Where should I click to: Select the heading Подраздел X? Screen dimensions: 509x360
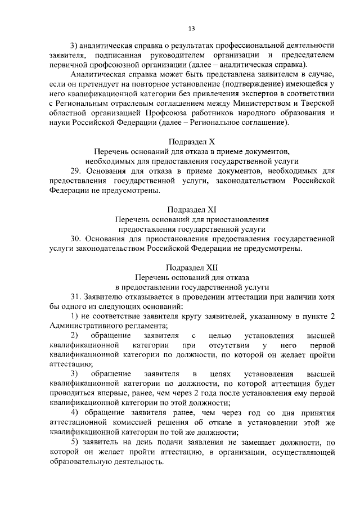click(x=192, y=141)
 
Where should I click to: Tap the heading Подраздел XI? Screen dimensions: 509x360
click(x=192, y=209)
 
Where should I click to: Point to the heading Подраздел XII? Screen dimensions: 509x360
click(x=192, y=267)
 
